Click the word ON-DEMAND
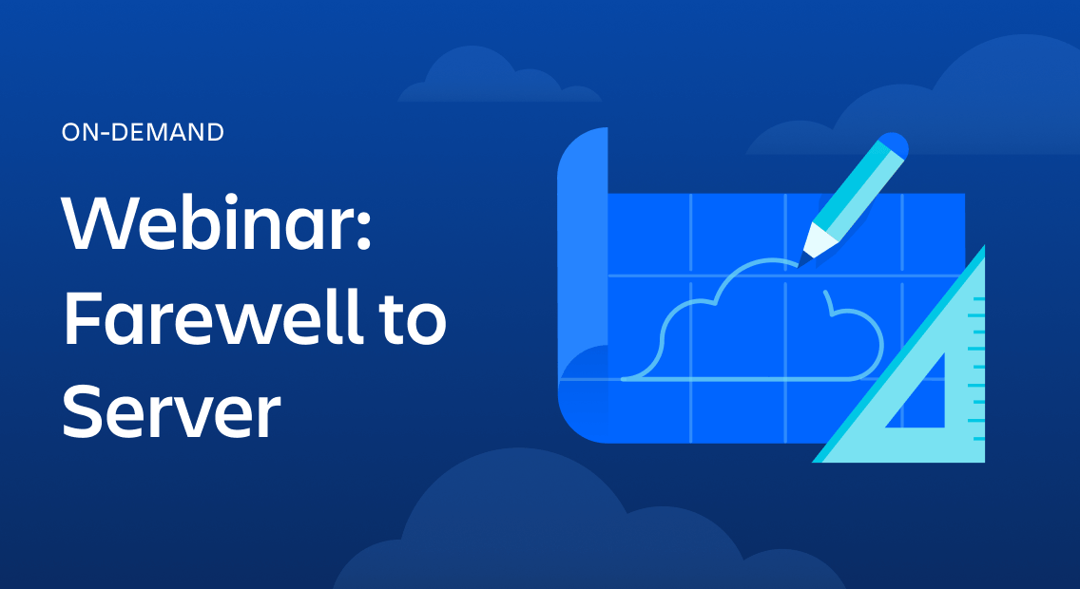(143, 132)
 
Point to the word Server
(171, 413)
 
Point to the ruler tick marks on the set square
(974, 361)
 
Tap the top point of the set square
(982, 249)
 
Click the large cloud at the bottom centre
(570, 532)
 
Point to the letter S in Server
(84, 413)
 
